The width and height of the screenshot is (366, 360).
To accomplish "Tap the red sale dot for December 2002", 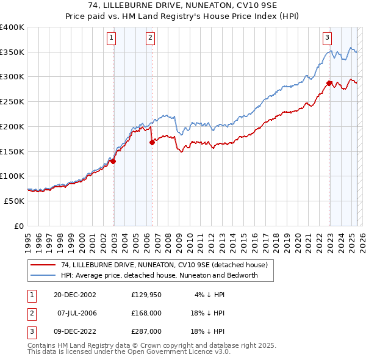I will pyautogui.click(x=113, y=161).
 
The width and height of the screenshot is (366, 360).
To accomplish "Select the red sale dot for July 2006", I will pyautogui.click(x=152, y=142).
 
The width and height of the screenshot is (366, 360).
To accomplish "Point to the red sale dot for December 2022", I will pyautogui.click(x=329, y=83).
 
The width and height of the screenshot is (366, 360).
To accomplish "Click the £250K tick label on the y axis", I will pyautogui.click(x=12, y=102).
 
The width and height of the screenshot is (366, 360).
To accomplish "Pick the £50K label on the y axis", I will pyautogui.click(x=15, y=201).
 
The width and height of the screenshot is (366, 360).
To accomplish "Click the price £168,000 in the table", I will pyautogui.click(x=146, y=313).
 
